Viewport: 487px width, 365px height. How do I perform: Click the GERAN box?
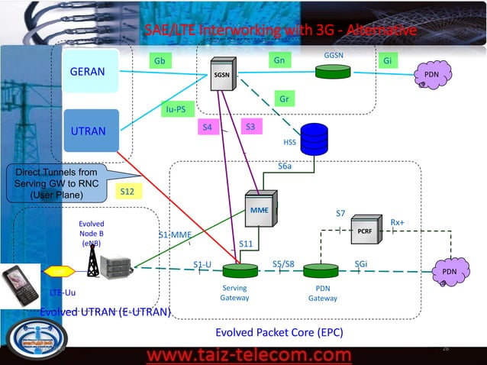89,72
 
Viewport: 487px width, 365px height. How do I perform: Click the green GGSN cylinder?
332,72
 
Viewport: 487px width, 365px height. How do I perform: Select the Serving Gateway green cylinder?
240,271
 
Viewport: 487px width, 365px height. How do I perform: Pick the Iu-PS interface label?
175,110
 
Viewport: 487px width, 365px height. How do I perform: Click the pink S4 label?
208,128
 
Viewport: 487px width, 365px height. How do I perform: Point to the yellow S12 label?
127,192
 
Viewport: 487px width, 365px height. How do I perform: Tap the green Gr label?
284,99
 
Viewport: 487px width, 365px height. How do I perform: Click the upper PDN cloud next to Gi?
431,75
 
